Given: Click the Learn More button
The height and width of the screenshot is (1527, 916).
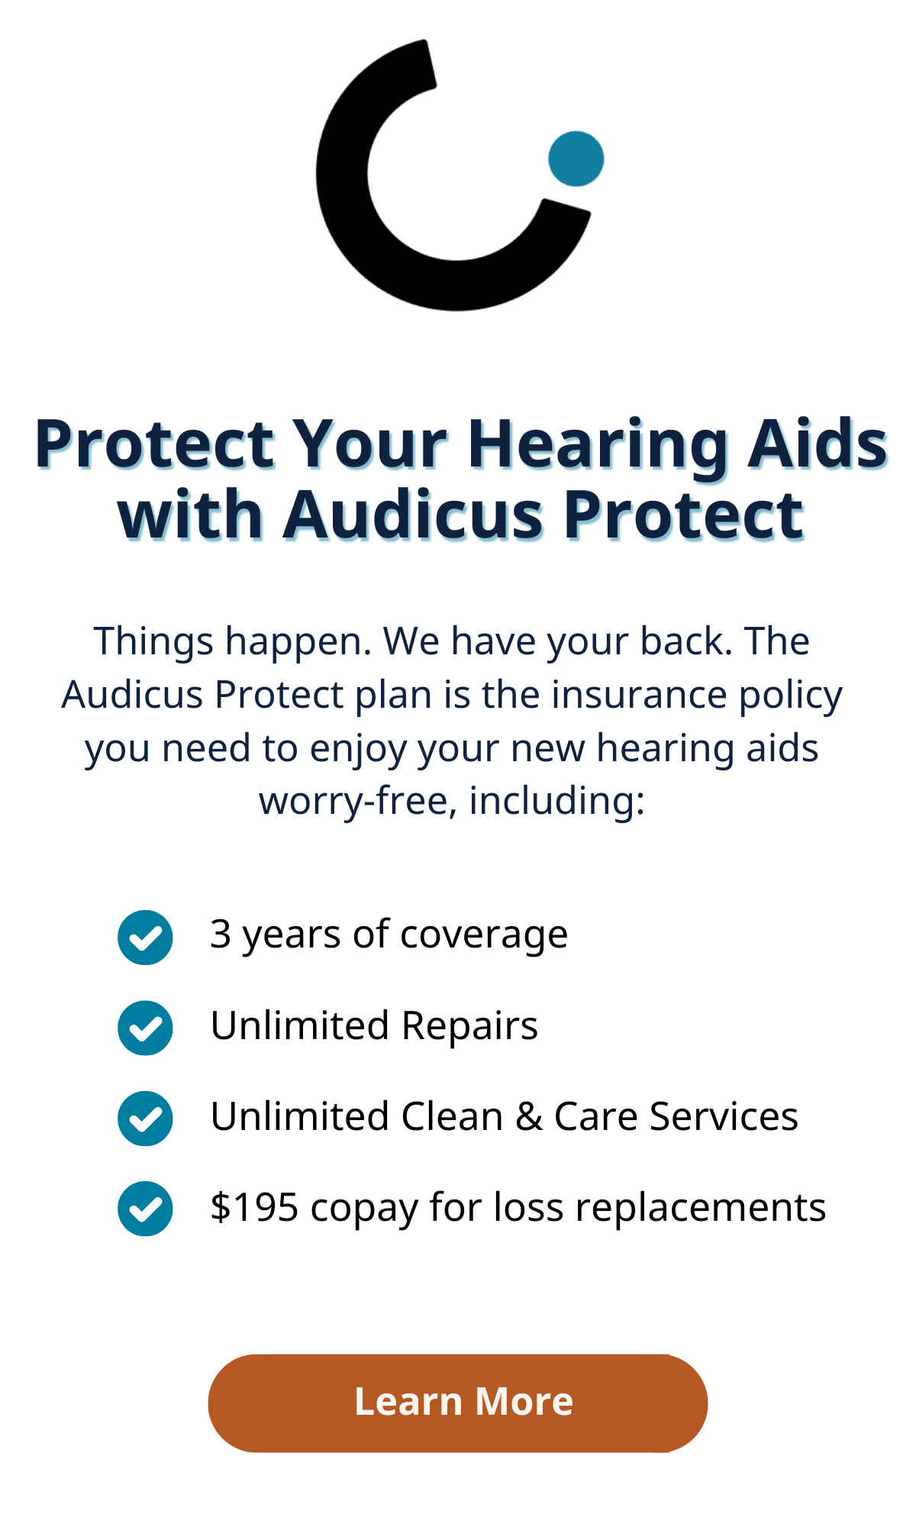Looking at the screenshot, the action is (458, 1403).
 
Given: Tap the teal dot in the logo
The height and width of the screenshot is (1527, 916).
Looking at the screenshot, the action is (576, 159).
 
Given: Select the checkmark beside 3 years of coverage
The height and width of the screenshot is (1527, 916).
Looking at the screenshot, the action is (145, 938).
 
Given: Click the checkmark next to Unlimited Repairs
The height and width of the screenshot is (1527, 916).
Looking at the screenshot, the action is (145, 1028).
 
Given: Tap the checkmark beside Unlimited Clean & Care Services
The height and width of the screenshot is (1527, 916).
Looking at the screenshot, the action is (145, 1119).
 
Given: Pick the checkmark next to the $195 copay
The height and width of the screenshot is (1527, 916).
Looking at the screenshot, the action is (145, 1209).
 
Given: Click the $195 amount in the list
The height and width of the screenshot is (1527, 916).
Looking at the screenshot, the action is (254, 1207).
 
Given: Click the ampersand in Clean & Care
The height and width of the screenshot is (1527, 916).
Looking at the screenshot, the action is (528, 1117).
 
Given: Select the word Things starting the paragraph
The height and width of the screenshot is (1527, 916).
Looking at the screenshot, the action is (153, 641).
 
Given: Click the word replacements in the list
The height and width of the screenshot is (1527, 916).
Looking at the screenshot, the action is (701, 1209).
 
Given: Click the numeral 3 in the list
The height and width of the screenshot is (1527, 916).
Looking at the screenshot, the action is (221, 934).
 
